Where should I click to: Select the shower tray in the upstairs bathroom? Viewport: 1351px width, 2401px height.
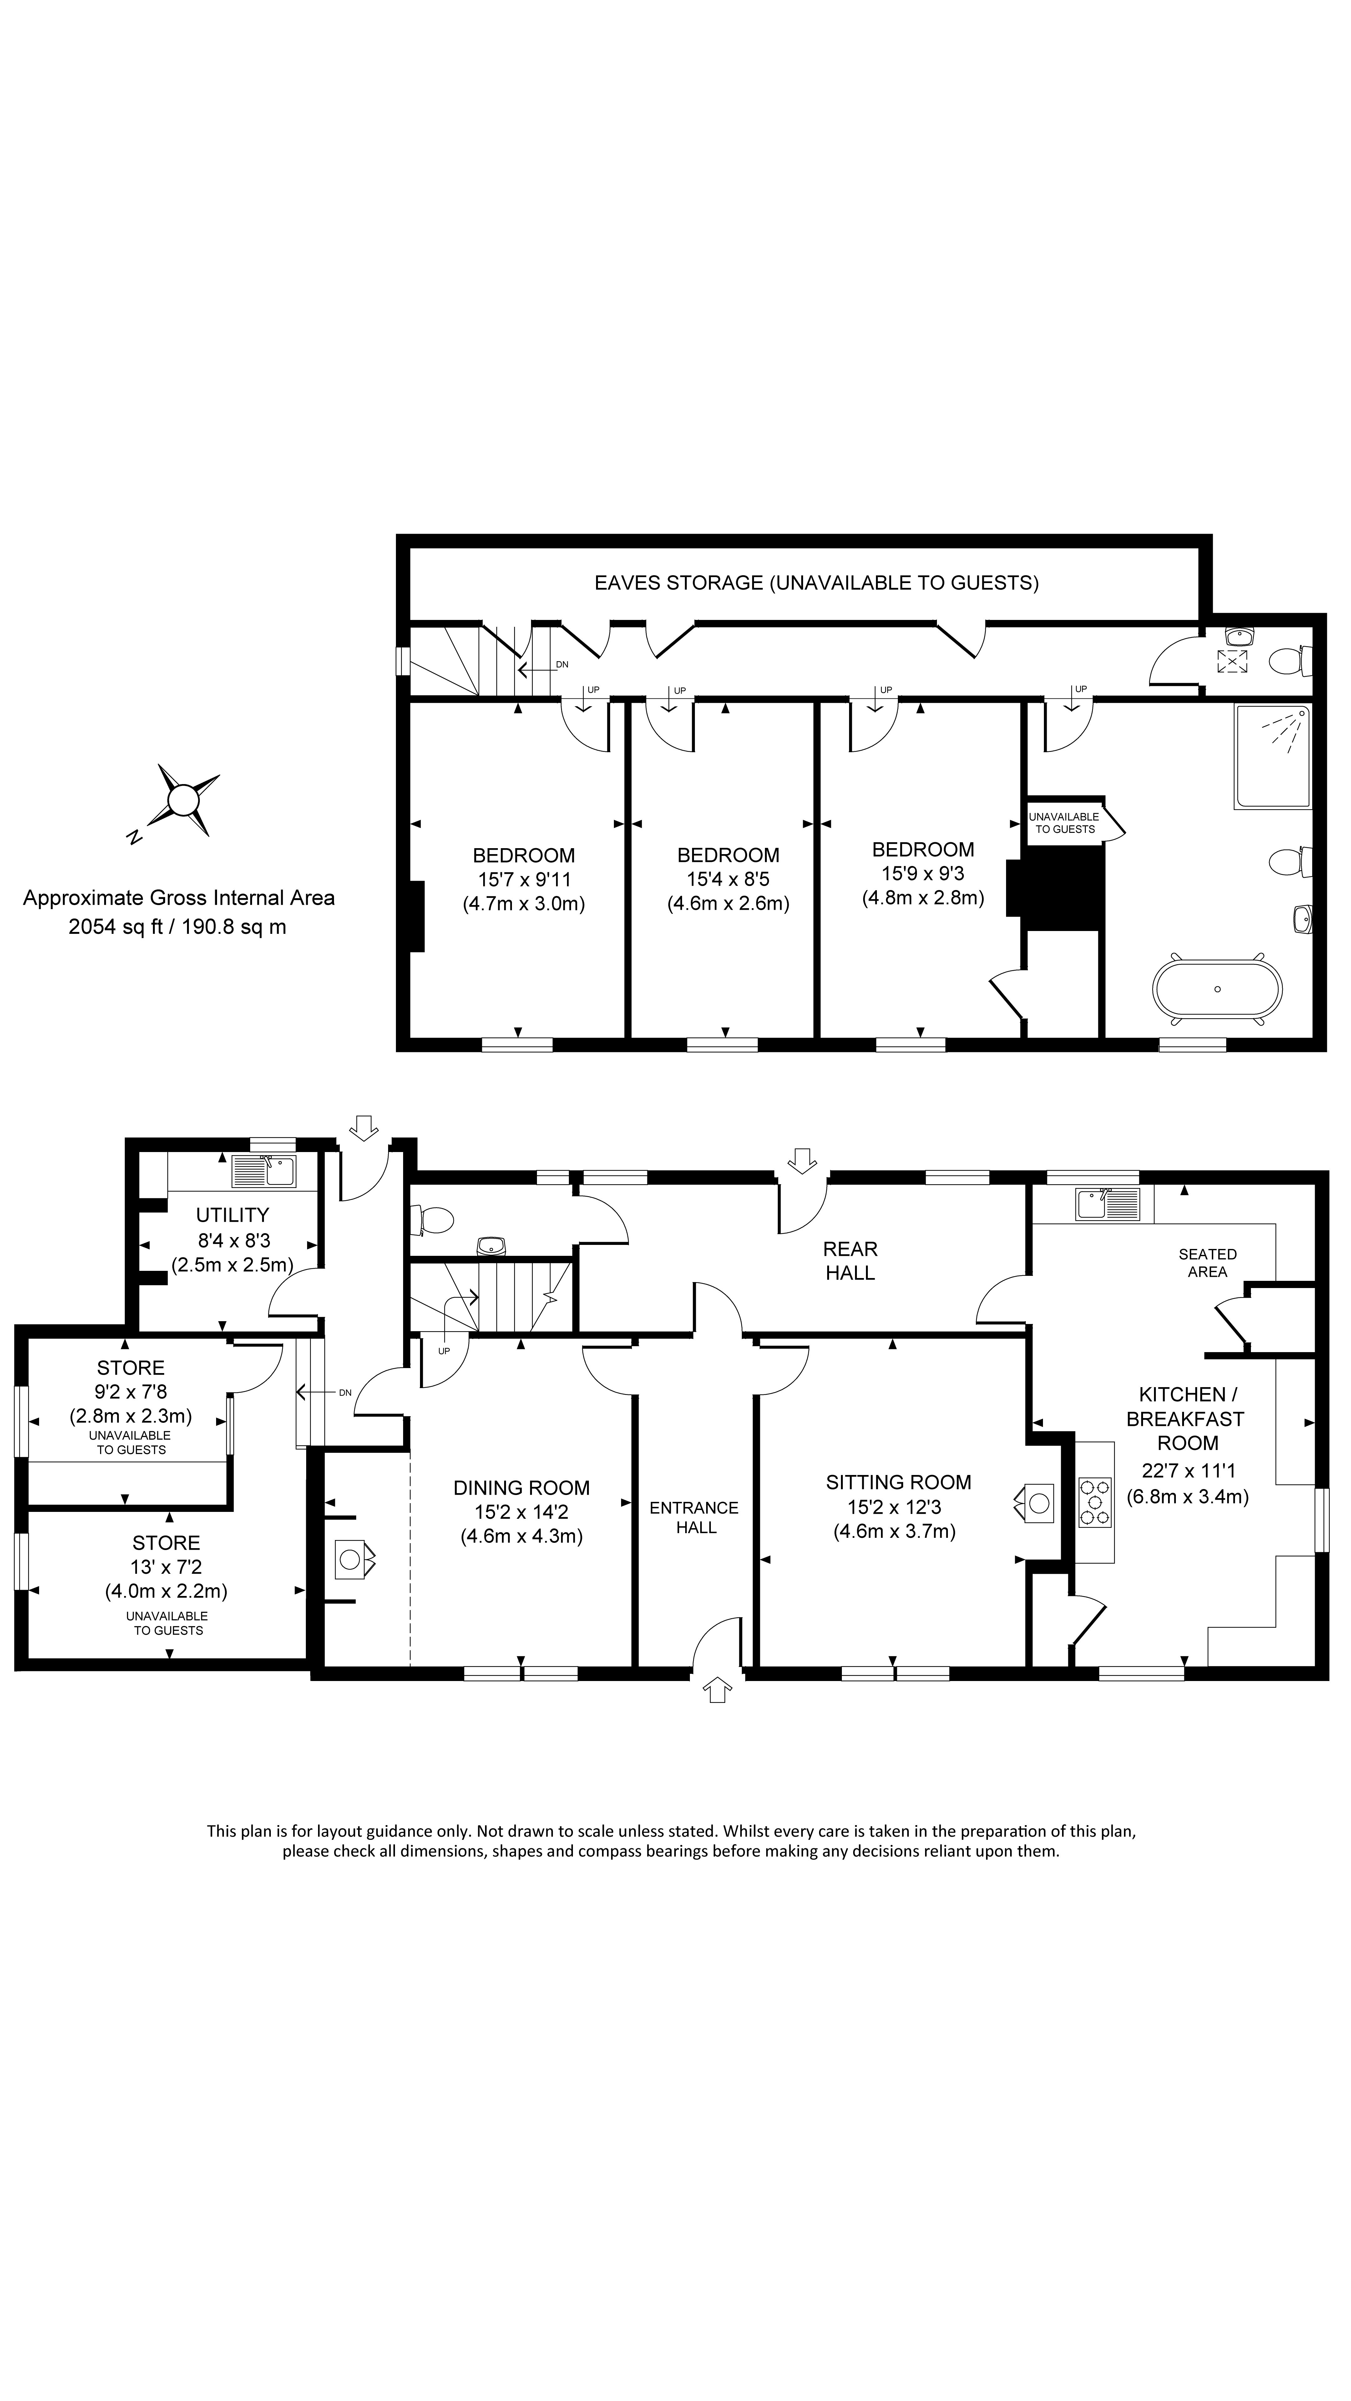coord(1273,756)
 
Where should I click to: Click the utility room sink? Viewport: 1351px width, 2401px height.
coord(265,1171)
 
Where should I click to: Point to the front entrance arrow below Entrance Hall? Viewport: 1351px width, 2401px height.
coord(716,1689)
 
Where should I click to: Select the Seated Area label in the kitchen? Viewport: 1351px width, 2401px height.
coord(1207,1263)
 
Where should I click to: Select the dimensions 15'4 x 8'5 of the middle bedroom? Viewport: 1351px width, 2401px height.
coord(728,879)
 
